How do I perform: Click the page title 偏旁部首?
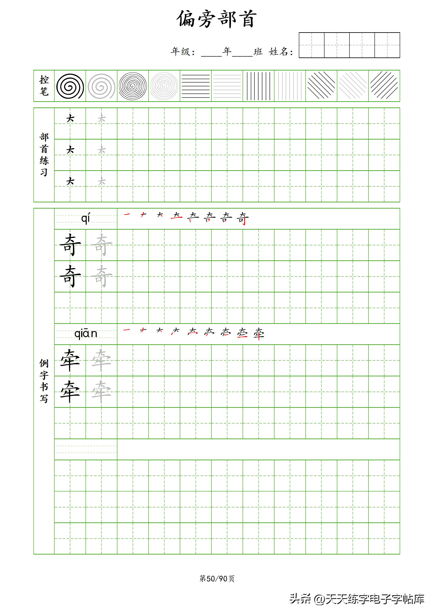[217, 19]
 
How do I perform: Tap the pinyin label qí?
[86, 218]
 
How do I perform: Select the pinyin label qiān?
[86, 334]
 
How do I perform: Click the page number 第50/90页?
[217, 578]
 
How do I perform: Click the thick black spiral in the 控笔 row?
[70, 86]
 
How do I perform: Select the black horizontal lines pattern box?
[196, 86]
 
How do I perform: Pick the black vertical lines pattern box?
[259, 86]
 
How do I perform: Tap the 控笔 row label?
[44, 86]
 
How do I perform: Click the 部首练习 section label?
[44, 155]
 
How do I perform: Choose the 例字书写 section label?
[44, 381]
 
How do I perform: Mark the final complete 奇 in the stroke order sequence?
[243, 218]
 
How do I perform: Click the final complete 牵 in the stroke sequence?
[259, 334]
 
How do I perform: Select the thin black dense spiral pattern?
[133, 86]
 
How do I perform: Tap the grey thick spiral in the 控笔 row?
[101, 86]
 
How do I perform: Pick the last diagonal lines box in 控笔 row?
[384, 86]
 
